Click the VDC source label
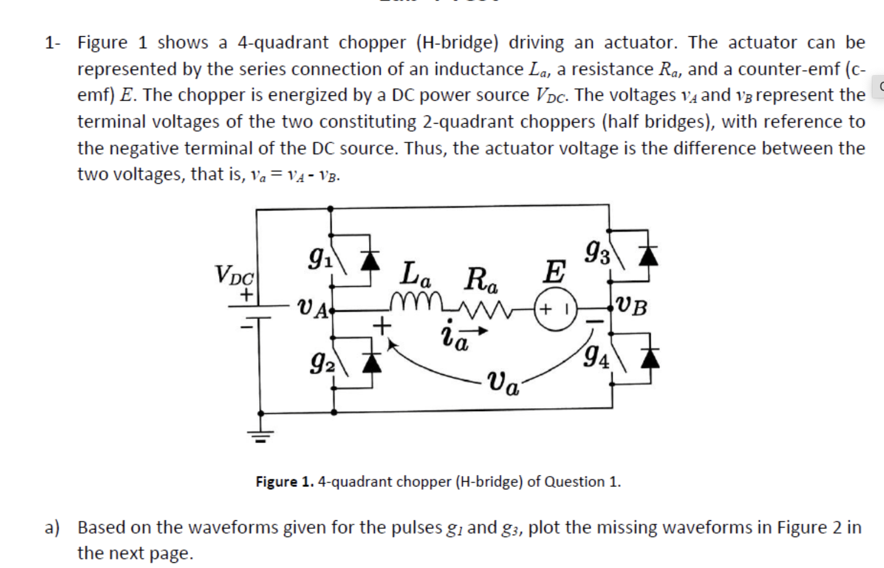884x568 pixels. pos(234,275)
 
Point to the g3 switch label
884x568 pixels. pos(597,252)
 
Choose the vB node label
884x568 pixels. pos(632,306)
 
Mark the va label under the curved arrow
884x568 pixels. pos(504,383)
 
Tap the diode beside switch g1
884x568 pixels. pos(371,260)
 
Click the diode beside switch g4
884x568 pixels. pos(650,358)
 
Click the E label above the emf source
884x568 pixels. pos(554,271)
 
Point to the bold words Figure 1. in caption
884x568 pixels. pos(285,481)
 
